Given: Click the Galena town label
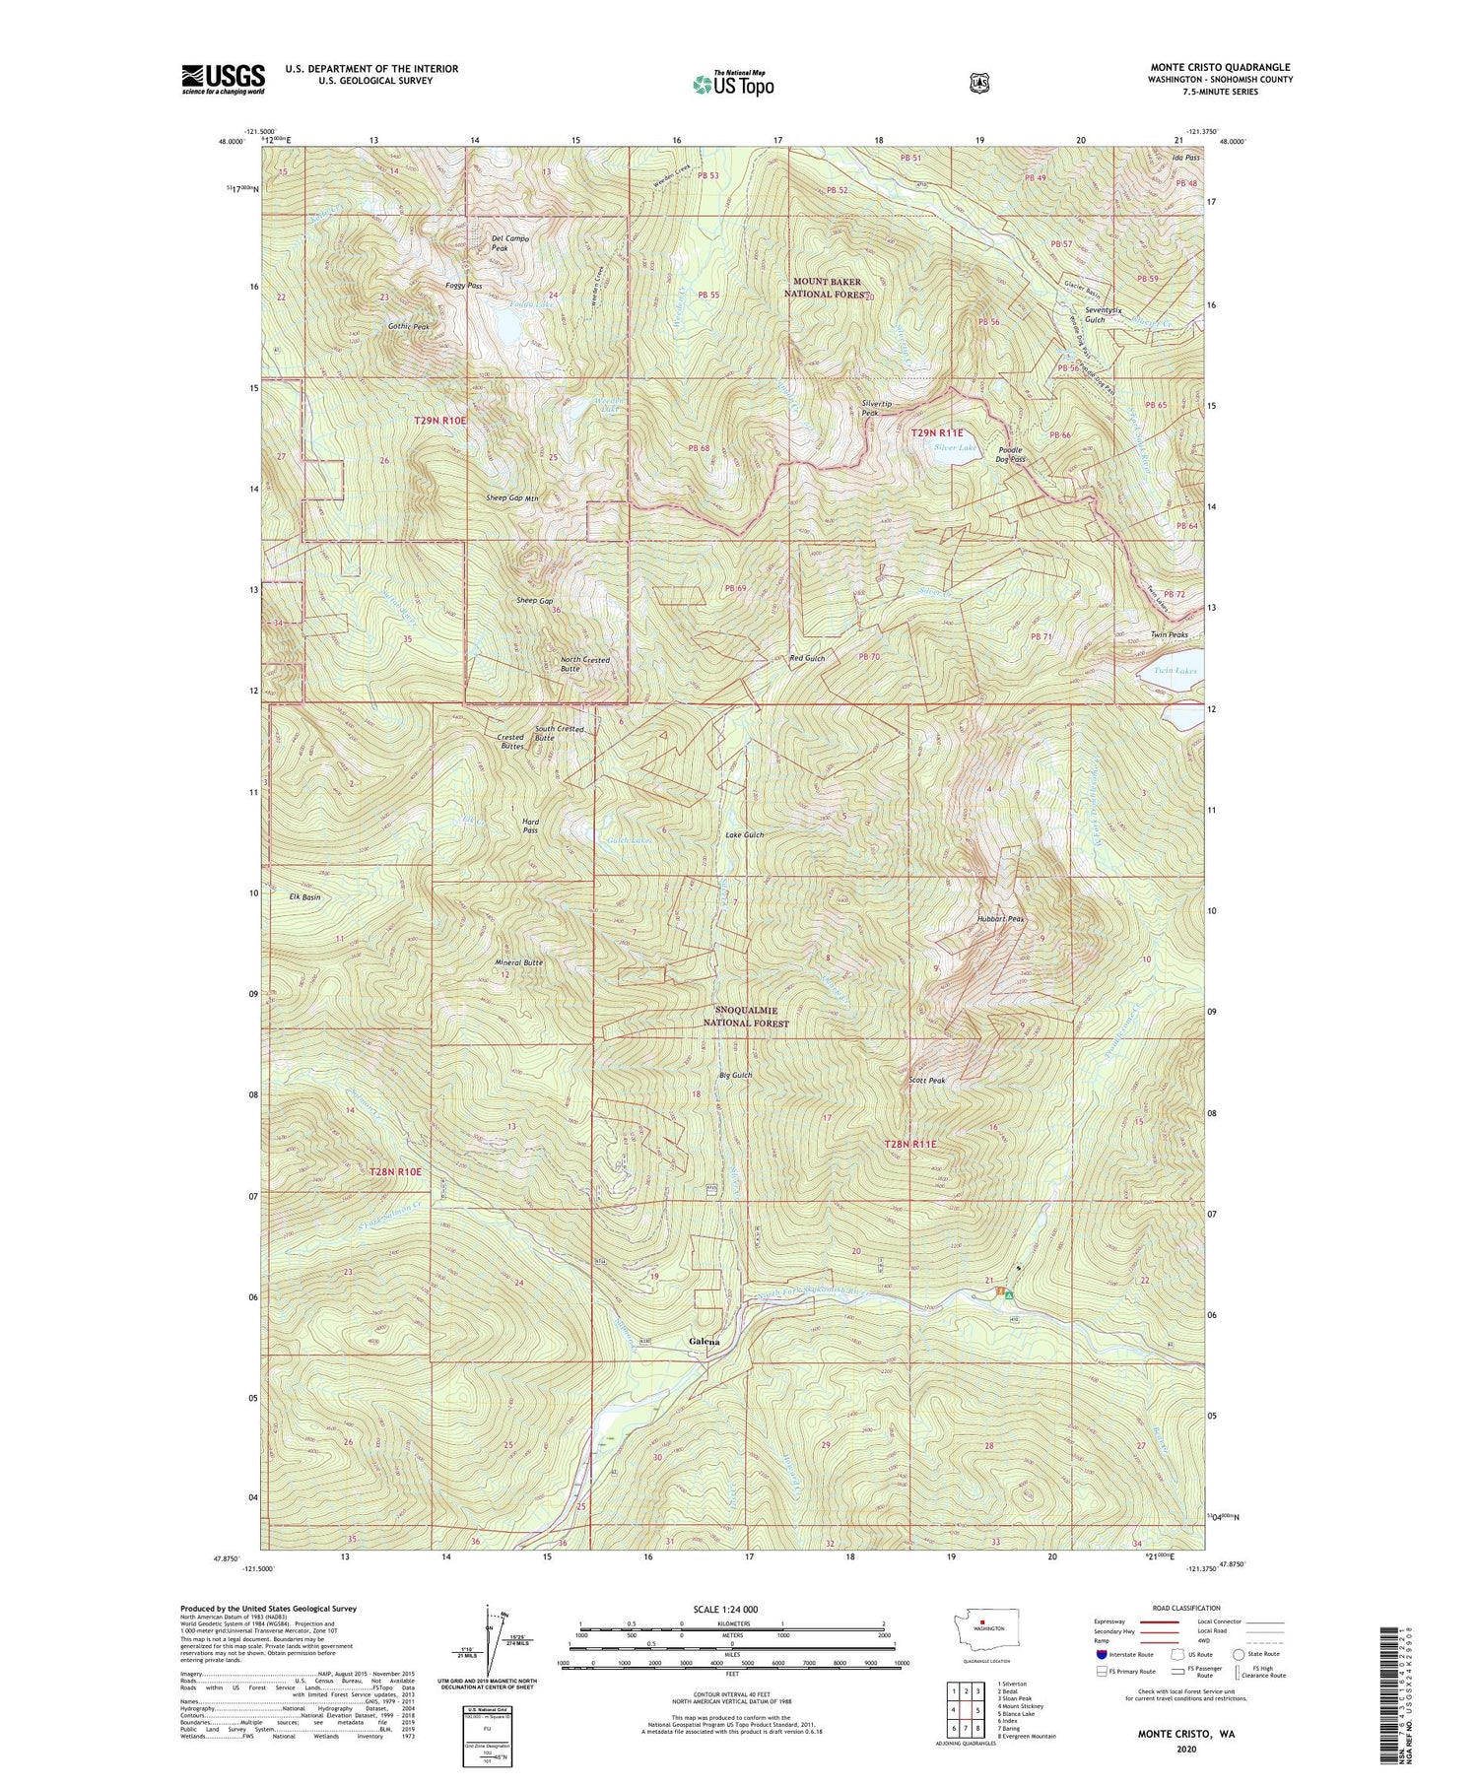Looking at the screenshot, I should pos(704,1342).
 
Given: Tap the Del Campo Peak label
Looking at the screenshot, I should pos(510,243).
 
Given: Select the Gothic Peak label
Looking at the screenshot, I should pos(408,326).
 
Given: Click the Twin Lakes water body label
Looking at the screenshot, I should pos(1176,671).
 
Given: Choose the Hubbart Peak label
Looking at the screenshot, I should pos(1001,918).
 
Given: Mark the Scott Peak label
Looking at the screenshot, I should pos(926,1081).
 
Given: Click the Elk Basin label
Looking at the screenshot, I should pos(304,897).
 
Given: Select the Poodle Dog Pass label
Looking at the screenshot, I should pos(1010,454).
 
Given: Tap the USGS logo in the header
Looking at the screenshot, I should pos(224,79).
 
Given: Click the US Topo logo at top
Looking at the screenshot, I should pos(733,83).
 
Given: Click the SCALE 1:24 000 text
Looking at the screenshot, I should pos(726,1610).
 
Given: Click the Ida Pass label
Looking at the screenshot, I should pos(1185,158).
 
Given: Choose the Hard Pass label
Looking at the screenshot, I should pos(530,826).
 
